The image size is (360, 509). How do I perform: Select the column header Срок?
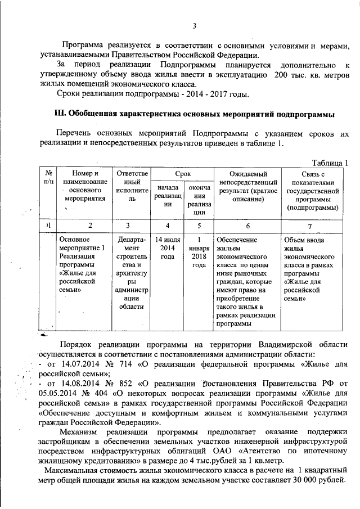pyautogui.click(x=182, y=175)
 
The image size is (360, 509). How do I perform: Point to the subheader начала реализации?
pyautogui.click(x=167, y=196)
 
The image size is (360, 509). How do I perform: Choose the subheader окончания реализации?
pyautogui.click(x=199, y=200)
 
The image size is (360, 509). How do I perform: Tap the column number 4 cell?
pyautogui.click(x=167, y=226)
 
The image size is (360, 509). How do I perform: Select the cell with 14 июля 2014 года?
pyautogui.click(x=167, y=247)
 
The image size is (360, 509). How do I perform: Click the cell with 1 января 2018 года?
pyautogui.click(x=199, y=251)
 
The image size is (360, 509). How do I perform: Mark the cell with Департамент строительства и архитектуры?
pyautogui.click(x=131, y=273)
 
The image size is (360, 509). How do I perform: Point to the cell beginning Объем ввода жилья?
pyautogui.click(x=310, y=268)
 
